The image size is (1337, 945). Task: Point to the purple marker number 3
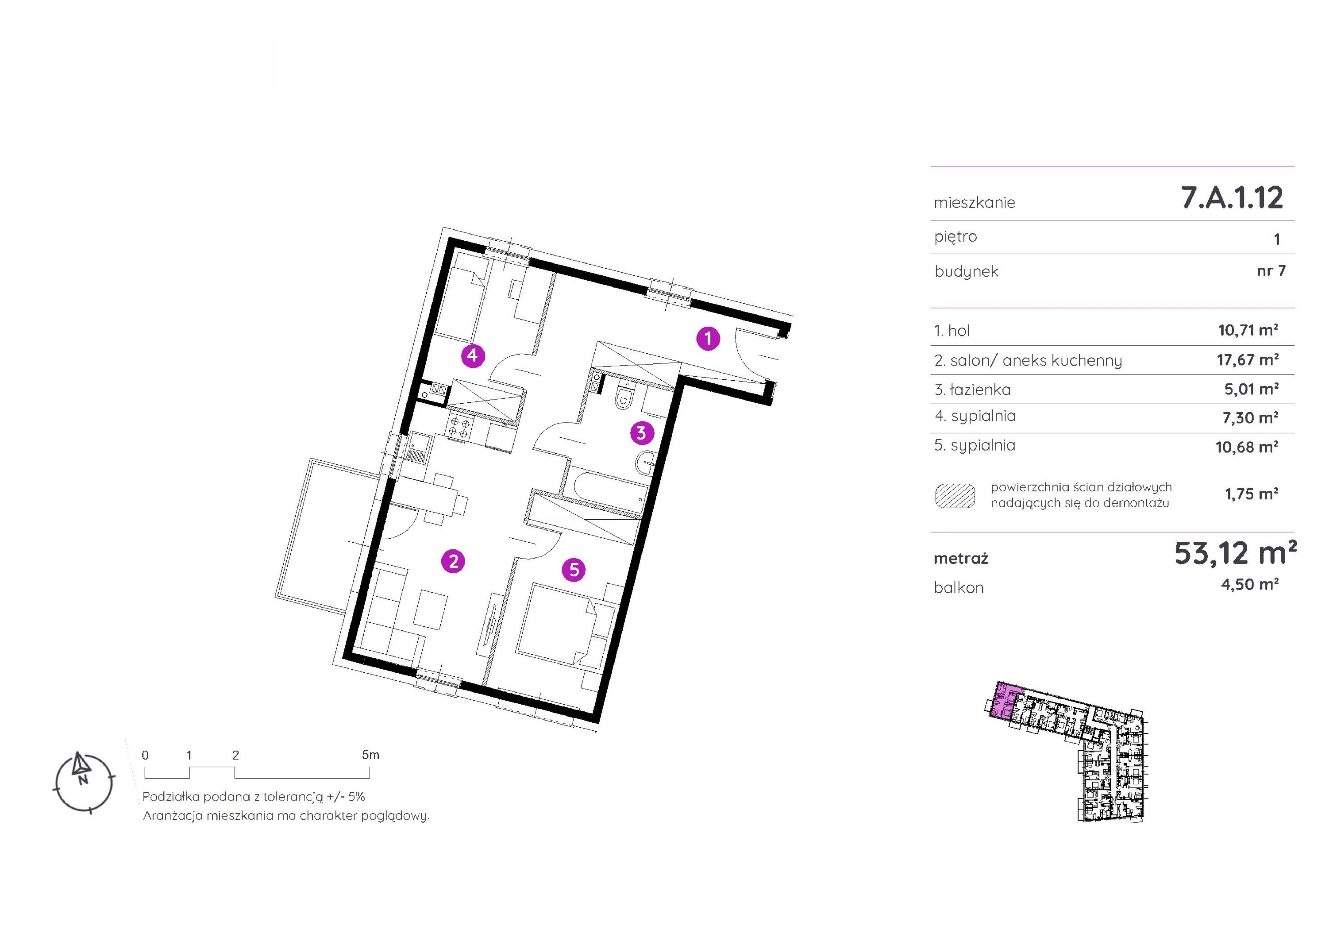641,433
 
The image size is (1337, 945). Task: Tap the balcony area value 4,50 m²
1250,584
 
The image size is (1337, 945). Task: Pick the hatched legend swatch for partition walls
954,495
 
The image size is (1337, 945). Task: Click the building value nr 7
1271,271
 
